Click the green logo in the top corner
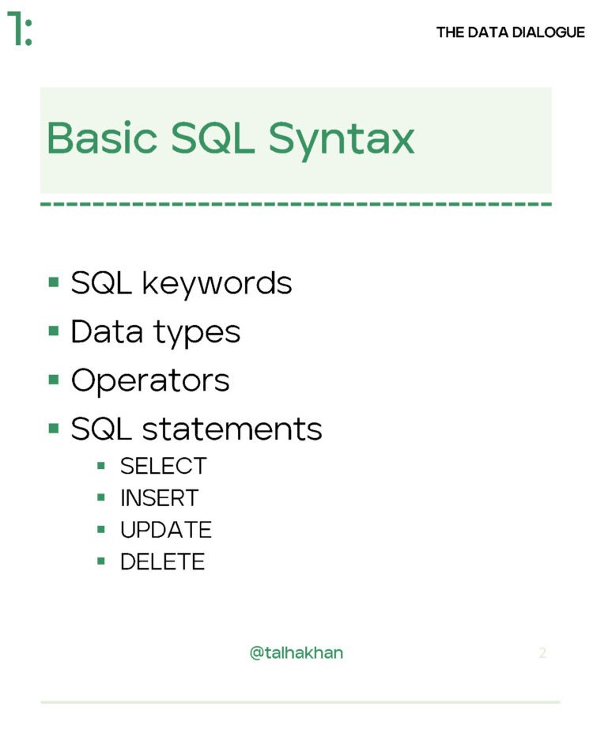(20, 29)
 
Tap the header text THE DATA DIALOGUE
(510, 32)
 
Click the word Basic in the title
(102, 138)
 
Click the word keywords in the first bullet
(217, 283)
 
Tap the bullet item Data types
(155, 332)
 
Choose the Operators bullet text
(150, 380)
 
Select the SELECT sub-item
(163, 467)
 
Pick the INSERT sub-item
(159, 498)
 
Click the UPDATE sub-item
(165, 530)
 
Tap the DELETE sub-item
(162, 561)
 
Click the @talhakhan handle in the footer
(296, 653)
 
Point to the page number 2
(542, 653)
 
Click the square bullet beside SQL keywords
(54, 282)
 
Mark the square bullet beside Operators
(54, 380)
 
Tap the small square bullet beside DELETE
(101, 561)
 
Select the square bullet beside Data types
(54, 331)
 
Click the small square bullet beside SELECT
(101, 466)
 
